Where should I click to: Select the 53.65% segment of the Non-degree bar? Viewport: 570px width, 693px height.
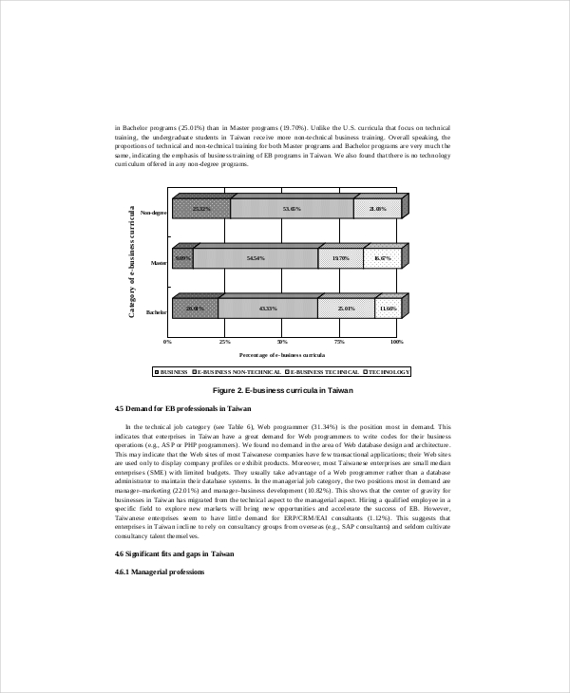click(x=292, y=209)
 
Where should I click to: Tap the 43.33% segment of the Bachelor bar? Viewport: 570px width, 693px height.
click(x=267, y=308)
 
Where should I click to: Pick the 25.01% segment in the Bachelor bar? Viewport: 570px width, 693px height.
click(x=346, y=308)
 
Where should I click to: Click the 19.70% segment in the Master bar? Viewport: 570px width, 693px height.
click(x=341, y=257)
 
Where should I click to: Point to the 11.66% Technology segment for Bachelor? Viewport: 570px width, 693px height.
click(x=388, y=308)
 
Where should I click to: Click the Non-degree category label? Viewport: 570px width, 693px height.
click(x=153, y=213)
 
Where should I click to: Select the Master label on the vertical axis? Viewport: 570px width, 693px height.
click(x=158, y=262)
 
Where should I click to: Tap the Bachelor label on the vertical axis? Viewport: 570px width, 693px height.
click(x=156, y=311)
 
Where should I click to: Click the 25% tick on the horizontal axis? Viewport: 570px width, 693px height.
click(x=225, y=341)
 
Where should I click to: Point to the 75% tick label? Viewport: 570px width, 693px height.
click(x=339, y=341)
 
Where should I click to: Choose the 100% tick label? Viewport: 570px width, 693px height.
click(x=397, y=341)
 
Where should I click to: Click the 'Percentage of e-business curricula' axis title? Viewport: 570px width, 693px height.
click(x=281, y=354)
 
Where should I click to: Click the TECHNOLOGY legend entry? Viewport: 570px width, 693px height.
click(x=388, y=372)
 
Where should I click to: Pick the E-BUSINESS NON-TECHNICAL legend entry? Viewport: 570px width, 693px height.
click(x=238, y=372)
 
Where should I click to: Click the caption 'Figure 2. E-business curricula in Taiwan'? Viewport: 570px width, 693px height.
click(x=283, y=390)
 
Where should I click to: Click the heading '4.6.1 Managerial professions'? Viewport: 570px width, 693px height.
click(x=159, y=571)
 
